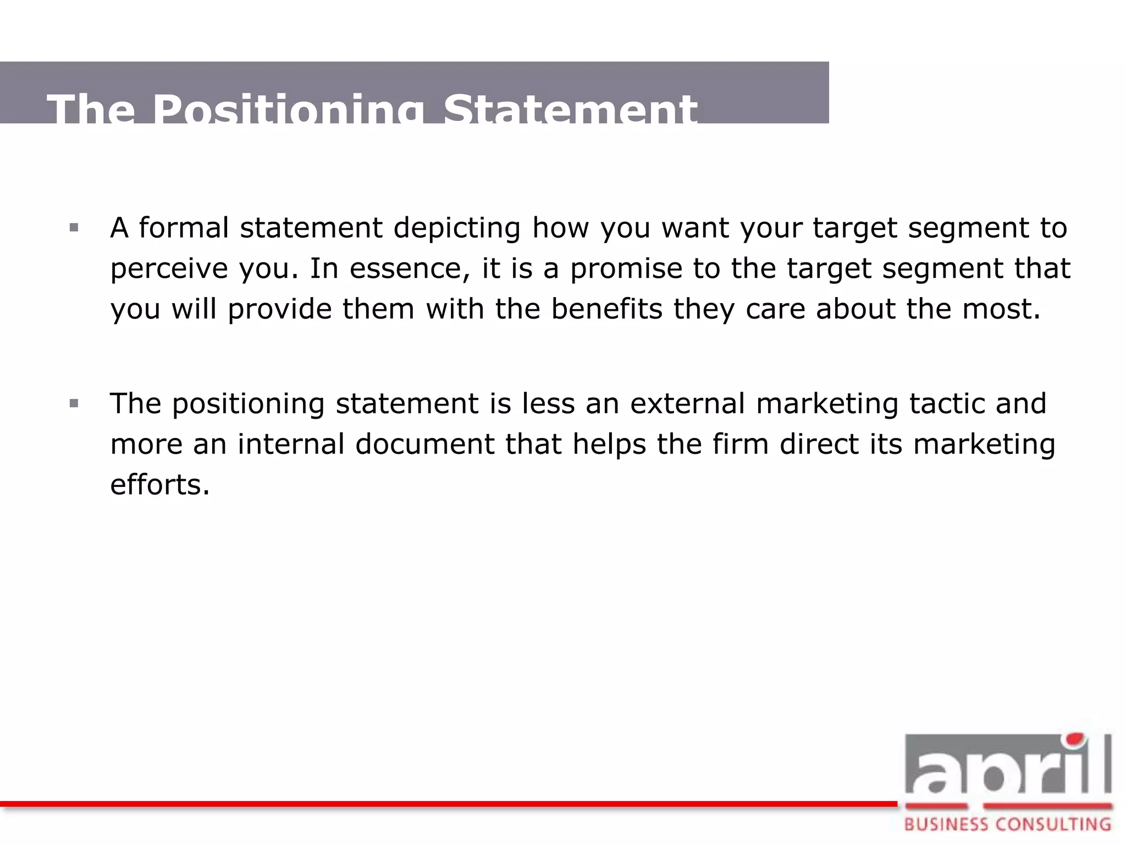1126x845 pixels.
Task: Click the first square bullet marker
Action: coord(74,227)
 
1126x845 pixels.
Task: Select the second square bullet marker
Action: coord(74,404)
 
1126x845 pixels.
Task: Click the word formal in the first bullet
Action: coord(184,227)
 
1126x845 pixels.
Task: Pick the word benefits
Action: coord(607,309)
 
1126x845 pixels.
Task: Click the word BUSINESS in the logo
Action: coord(946,825)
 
